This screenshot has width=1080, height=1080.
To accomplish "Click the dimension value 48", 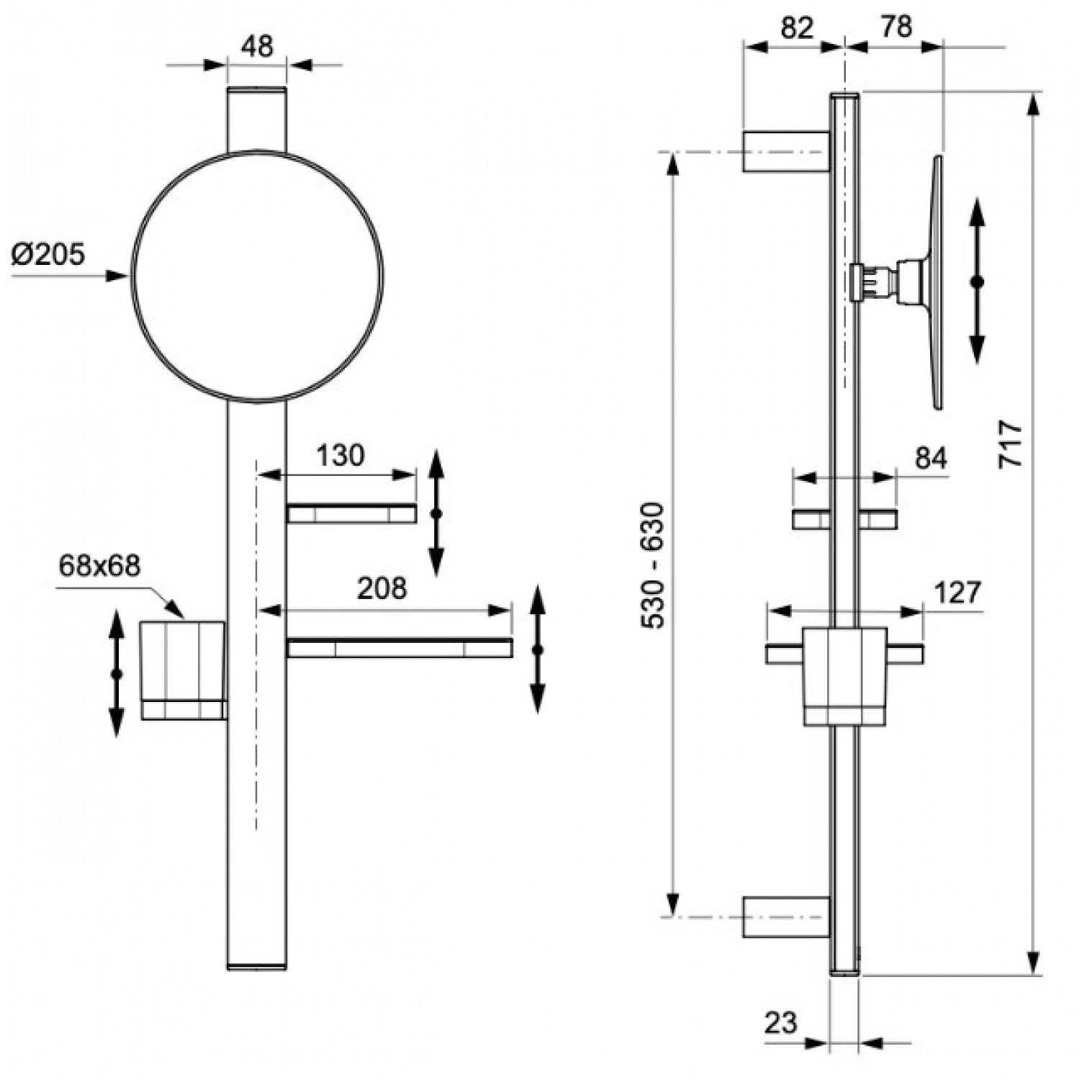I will [257, 47].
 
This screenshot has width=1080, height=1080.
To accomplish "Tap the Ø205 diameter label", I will [48, 253].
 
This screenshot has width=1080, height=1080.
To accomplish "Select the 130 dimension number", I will [341, 455].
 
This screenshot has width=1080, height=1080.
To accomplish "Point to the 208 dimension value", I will [382, 588].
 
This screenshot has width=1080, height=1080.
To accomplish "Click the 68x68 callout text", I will [99, 566].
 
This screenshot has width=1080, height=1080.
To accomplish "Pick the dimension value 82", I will [796, 27].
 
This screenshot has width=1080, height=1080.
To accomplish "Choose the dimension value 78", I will [896, 27].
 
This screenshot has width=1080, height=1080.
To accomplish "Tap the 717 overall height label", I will [1011, 445].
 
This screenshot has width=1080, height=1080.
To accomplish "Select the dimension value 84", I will [931, 458].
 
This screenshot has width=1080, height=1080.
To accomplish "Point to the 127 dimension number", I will [958, 593].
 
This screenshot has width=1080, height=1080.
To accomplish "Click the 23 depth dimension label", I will [782, 1022].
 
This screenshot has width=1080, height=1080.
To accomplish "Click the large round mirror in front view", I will [257, 276].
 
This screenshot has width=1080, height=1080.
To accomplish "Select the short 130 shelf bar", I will [351, 513].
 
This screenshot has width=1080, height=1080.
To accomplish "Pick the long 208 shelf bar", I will [400, 648].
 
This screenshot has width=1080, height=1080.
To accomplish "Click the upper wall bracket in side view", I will [787, 151].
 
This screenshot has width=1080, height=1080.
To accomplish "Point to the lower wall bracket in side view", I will [787, 917].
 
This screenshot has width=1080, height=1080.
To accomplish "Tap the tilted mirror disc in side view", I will [935, 282].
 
